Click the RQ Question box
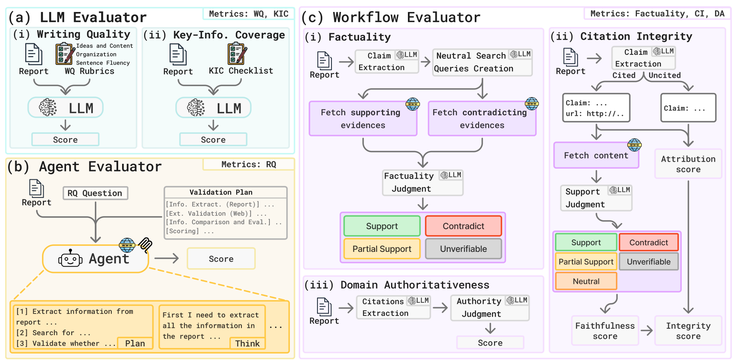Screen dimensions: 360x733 click(95, 193)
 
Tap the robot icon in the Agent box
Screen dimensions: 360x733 click(70, 259)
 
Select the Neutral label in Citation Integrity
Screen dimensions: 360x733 click(586, 281)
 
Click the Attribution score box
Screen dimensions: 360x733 click(688, 164)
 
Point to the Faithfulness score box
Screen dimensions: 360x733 click(604, 331)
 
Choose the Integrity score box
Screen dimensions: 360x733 click(688, 331)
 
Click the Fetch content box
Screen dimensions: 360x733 click(596, 155)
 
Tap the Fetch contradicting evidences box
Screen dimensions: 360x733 click(482, 119)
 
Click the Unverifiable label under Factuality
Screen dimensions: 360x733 click(463, 249)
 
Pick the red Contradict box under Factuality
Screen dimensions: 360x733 click(463, 226)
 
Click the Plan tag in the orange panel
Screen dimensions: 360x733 click(135, 343)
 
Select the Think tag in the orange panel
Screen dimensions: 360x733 click(247, 343)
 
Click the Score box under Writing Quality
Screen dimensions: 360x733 click(65, 140)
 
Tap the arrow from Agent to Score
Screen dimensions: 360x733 click(167, 258)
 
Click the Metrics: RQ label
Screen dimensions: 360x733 click(249, 164)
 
